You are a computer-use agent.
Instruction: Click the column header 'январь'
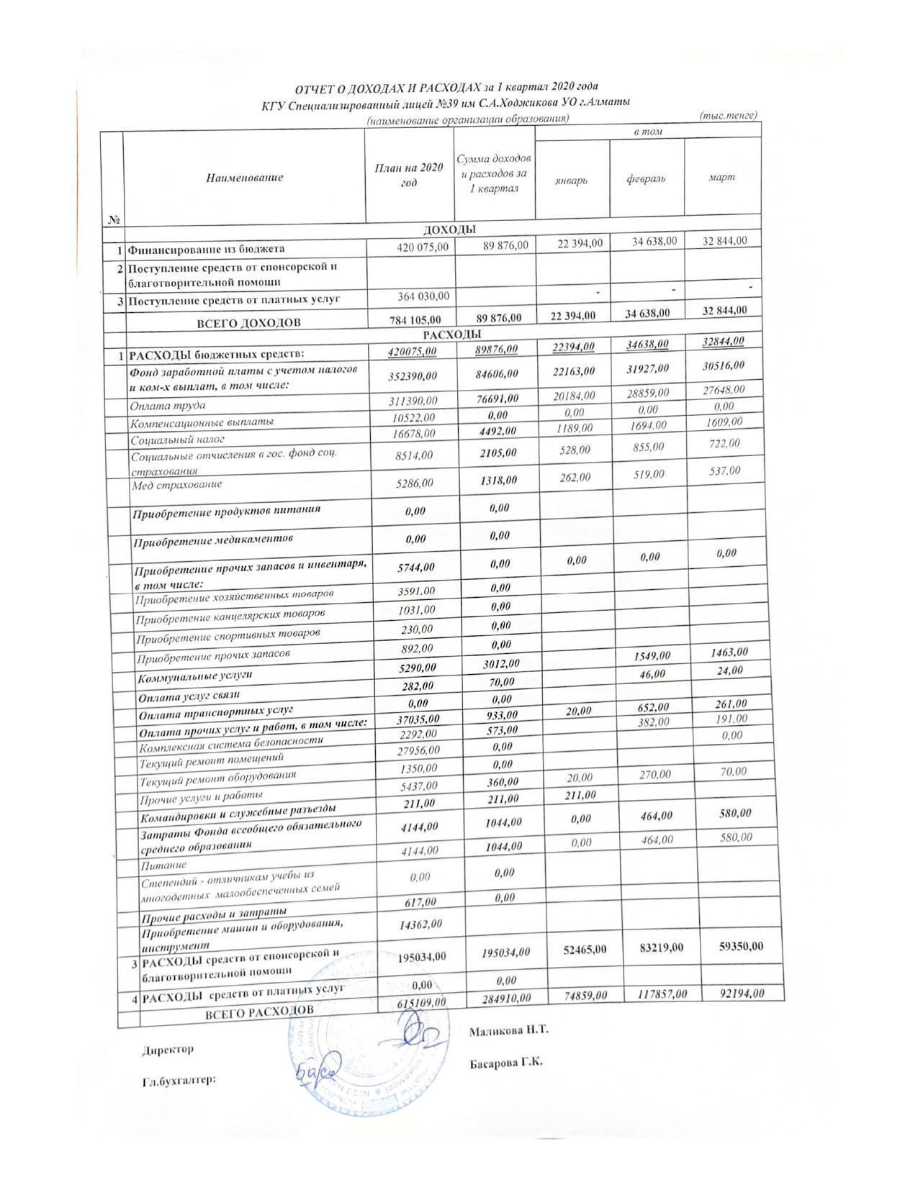click(571, 180)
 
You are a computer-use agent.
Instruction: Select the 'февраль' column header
click(646, 178)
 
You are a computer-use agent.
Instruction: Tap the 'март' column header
click(721, 177)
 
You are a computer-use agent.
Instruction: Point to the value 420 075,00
click(423, 247)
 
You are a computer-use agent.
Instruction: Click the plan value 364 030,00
click(423, 296)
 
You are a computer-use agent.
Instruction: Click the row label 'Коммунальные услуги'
click(195, 677)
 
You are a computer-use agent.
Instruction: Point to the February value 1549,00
click(652, 656)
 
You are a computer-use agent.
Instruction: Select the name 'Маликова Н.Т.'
click(508, 1030)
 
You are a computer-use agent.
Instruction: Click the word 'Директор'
click(167, 1050)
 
